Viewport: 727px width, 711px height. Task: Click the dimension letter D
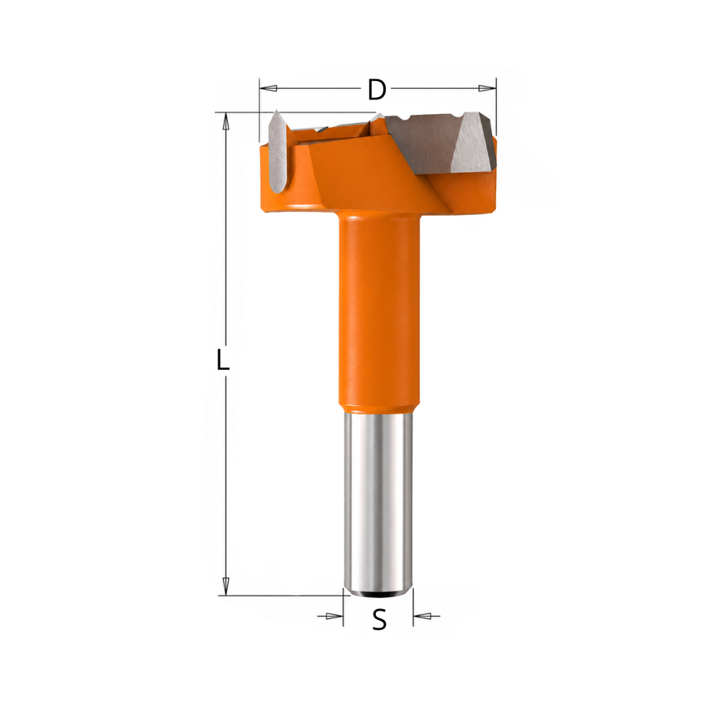click(377, 90)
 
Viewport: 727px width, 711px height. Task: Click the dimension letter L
click(223, 360)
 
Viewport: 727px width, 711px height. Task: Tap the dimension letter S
click(380, 620)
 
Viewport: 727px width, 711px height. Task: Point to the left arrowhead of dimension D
click(269, 88)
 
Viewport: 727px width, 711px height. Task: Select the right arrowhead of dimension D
click(487, 88)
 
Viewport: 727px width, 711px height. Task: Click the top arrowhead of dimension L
click(226, 122)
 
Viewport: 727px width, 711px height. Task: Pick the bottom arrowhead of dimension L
click(226, 587)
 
